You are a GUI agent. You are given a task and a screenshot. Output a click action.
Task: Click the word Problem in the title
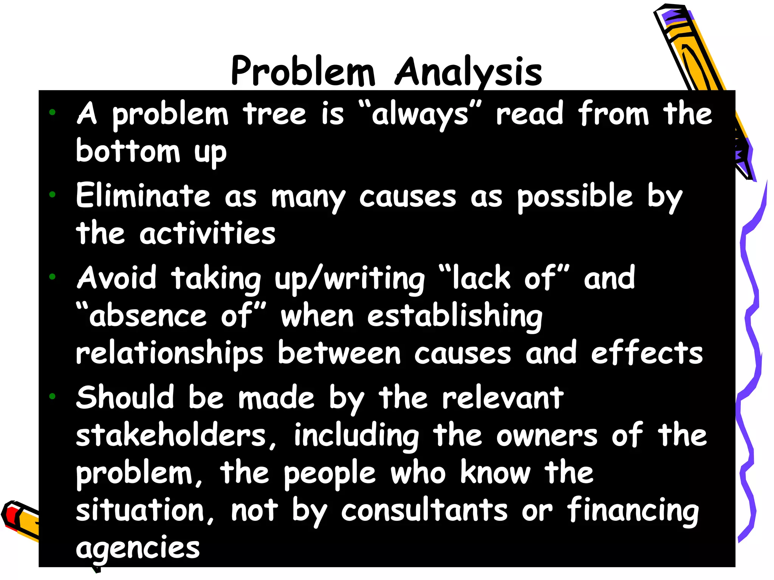point(302,71)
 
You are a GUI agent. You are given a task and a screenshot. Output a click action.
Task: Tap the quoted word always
point(420,114)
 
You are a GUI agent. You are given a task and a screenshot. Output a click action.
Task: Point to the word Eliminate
point(143,196)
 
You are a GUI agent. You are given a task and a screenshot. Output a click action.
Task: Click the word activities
point(207,233)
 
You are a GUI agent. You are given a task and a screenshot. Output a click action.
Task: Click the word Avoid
point(116,278)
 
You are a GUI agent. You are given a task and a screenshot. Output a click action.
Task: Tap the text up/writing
point(350,279)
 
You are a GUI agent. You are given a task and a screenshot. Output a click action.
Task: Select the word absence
point(147,316)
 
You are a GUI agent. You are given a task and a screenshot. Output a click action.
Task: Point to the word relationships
point(169,353)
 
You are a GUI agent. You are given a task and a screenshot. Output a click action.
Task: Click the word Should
point(125,397)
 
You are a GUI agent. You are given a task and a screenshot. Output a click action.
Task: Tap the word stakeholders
point(171,435)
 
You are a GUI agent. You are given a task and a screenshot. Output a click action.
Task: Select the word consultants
point(424,511)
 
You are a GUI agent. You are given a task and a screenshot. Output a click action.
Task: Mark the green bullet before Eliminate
point(52,195)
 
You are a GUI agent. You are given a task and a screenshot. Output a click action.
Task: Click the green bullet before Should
point(52,396)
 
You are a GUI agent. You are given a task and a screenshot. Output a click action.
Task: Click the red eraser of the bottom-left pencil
point(11,515)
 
